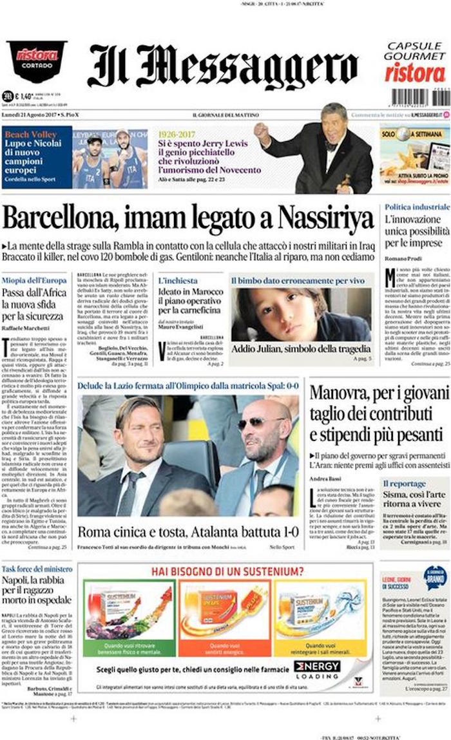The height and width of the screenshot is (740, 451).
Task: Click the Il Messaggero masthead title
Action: tap(222, 67)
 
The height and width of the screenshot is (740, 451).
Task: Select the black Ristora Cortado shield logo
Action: tap(36, 60)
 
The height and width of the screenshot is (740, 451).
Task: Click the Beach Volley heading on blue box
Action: tap(30, 134)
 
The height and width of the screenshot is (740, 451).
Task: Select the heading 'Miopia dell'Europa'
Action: tap(34, 280)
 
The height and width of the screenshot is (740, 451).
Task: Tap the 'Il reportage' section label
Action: tap(404, 483)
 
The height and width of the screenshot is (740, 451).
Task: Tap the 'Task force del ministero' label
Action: tap(37, 569)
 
